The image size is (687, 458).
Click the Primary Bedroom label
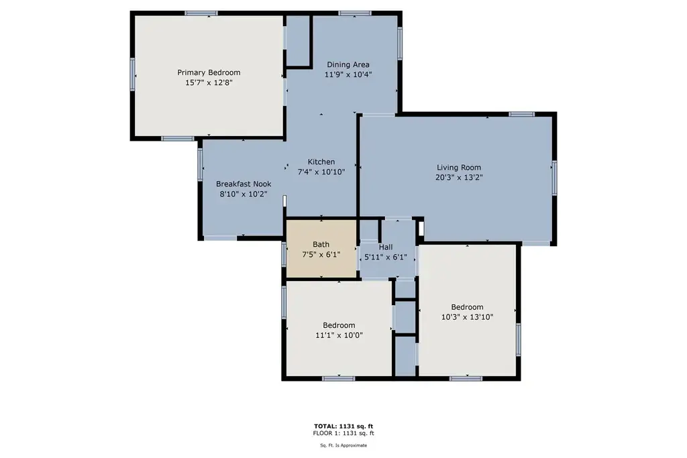tap(209, 72)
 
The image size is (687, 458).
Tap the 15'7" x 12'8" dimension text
tap(209, 82)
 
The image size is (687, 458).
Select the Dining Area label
tap(348, 64)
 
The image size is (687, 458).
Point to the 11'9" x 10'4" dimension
tap(348, 74)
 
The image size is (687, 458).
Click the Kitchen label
tap(321, 162)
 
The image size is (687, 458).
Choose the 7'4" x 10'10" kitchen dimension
tap(321, 172)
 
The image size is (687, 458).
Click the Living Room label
tap(459, 168)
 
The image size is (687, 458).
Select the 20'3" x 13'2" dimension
tap(459, 178)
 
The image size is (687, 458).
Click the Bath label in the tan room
tap(321, 244)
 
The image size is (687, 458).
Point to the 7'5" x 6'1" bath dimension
tap(321, 254)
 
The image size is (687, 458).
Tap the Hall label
tap(386, 247)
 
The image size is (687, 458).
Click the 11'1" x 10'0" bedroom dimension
tap(339, 335)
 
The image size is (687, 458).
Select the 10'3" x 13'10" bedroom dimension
tap(467, 317)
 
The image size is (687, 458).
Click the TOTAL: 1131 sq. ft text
tap(343, 426)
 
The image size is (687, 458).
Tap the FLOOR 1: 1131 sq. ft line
tap(343, 433)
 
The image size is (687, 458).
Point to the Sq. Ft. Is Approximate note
tap(343, 445)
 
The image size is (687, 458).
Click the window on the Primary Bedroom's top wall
tap(201, 13)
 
